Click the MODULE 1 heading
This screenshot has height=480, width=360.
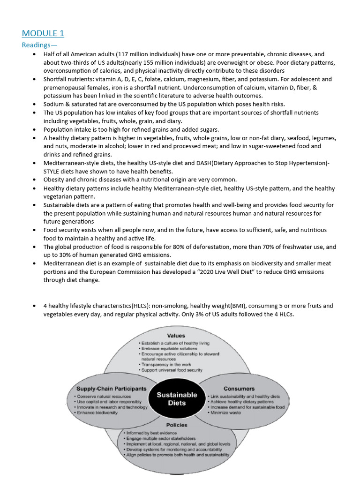tap(43, 33)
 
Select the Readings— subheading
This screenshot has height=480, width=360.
tap(39, 45)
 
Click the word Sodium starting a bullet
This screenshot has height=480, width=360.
tap(54, 104)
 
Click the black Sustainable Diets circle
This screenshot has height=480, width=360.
tap(177, 399)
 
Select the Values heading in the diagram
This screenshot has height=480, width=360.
tap(176, 336)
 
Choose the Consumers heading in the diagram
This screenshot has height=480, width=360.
tap(239, 389)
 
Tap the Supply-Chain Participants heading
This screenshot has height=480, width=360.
tap(112, 389)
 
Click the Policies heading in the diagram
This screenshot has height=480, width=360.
tap(176, 425)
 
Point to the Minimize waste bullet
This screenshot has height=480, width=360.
tap(227, 413)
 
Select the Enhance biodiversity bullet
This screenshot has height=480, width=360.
tap(98, 413)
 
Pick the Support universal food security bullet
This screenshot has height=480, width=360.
tap(172, 370)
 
